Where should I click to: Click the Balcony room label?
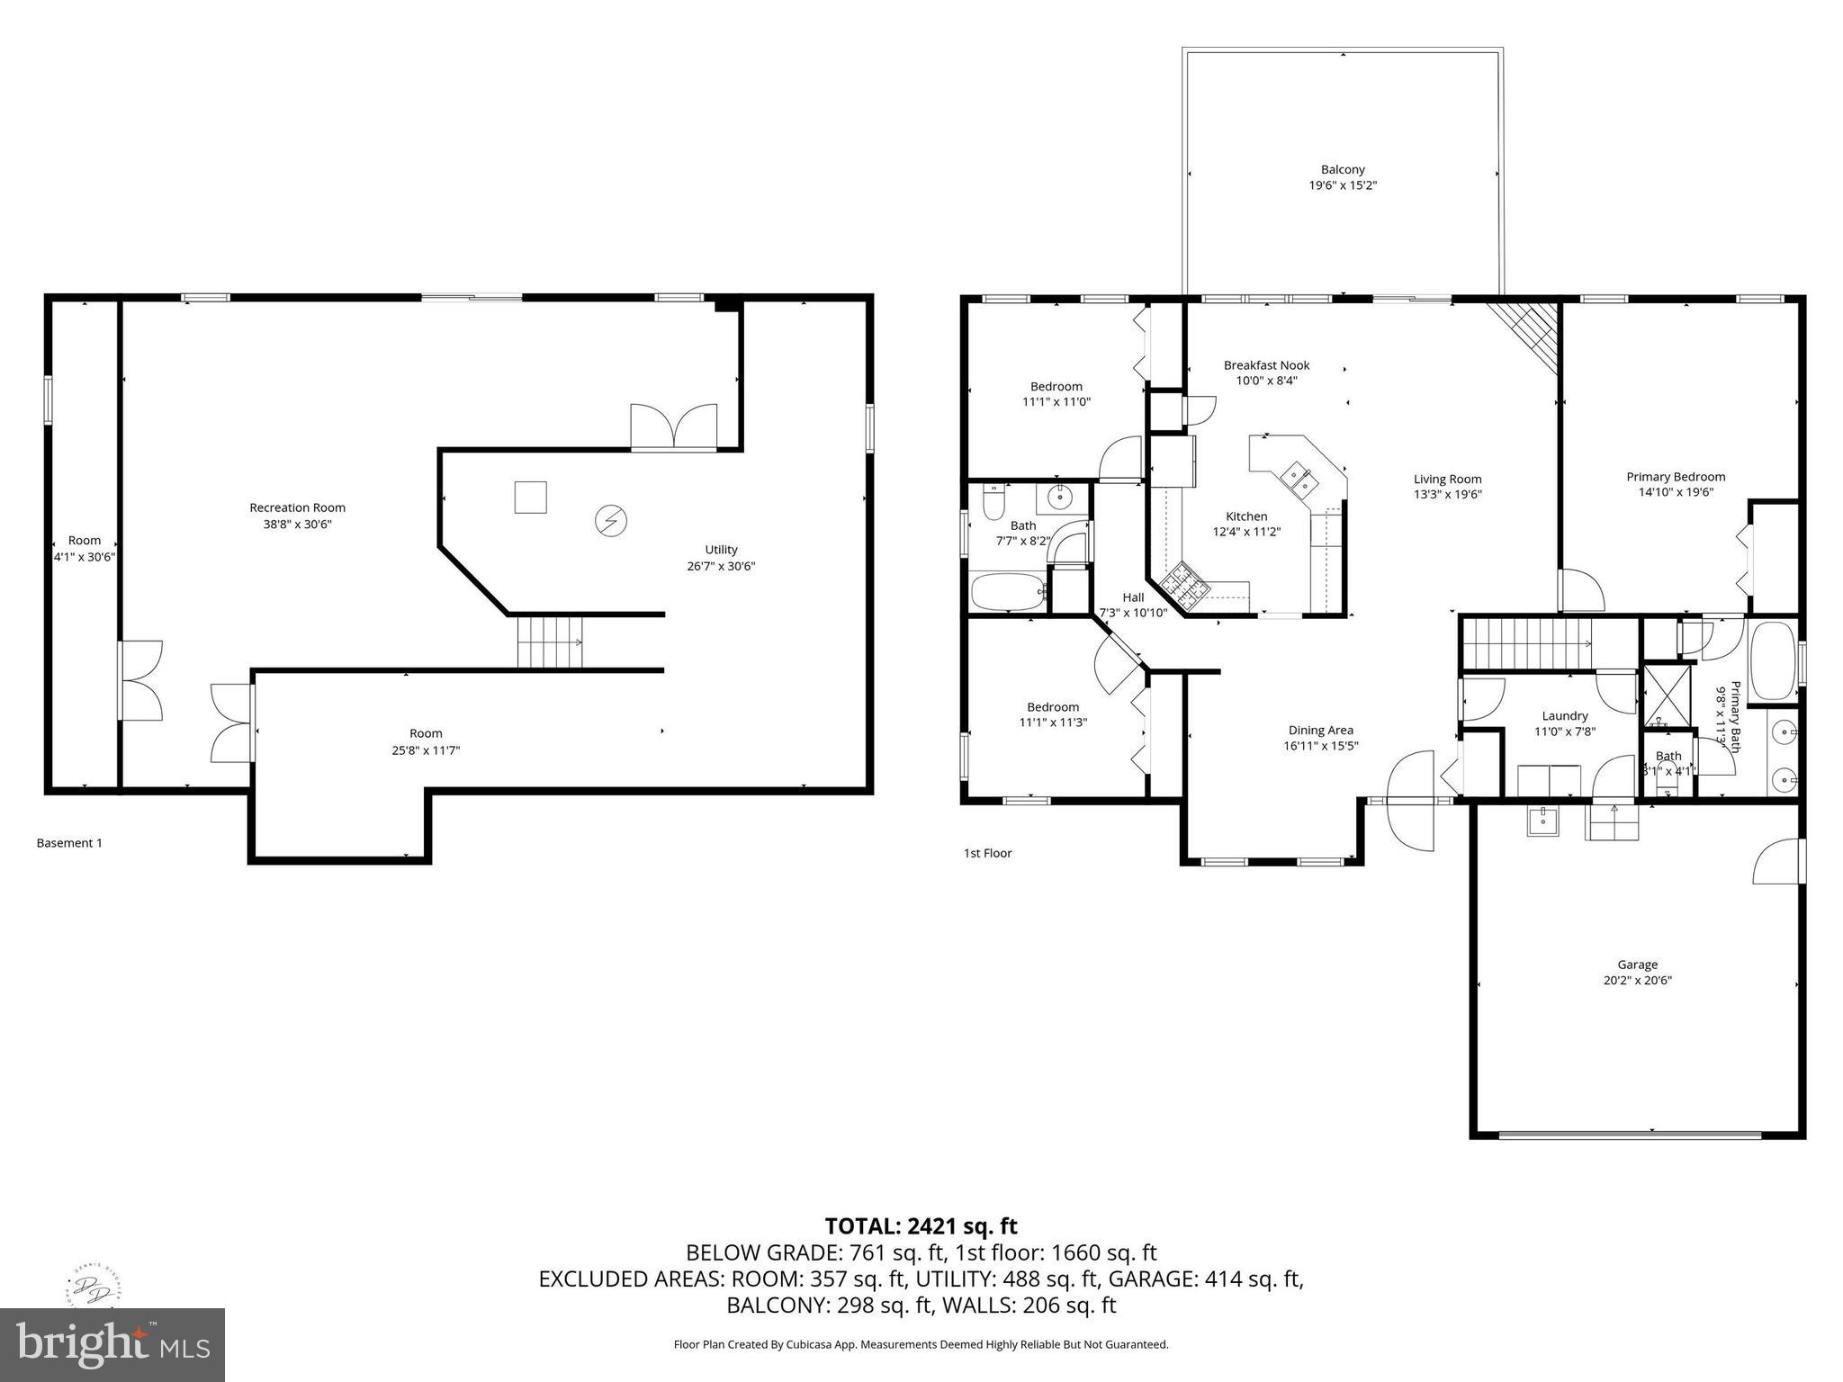pyautogui.click(x=1342, y=169)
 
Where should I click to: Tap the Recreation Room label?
pyautogui.click(x=297, y=507)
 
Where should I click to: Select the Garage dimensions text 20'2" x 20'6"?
pyautogui.click(x=1637, y=981)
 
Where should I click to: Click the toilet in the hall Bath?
pyautogui.click(x=993, y=502)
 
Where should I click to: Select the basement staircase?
pyautogui.click(x=550, y=642)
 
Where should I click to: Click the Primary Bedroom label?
pyautogui.click(x=1676, y=477)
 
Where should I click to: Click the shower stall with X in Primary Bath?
pyautogui.click(x=1668, y=695)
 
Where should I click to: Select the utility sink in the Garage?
pyautogui.click(x=1543, y=820)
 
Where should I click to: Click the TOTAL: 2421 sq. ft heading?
pyautogui.click(x=921, y=1225)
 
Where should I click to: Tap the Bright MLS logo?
pyautogui.click(x=112, y=1344)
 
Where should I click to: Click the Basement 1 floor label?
pyautogui.click(x=69, y=843)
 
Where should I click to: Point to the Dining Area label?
pyautogui.click(x=1320, y=731)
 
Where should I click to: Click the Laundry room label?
pyautogui.click(x=1564, y=716)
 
